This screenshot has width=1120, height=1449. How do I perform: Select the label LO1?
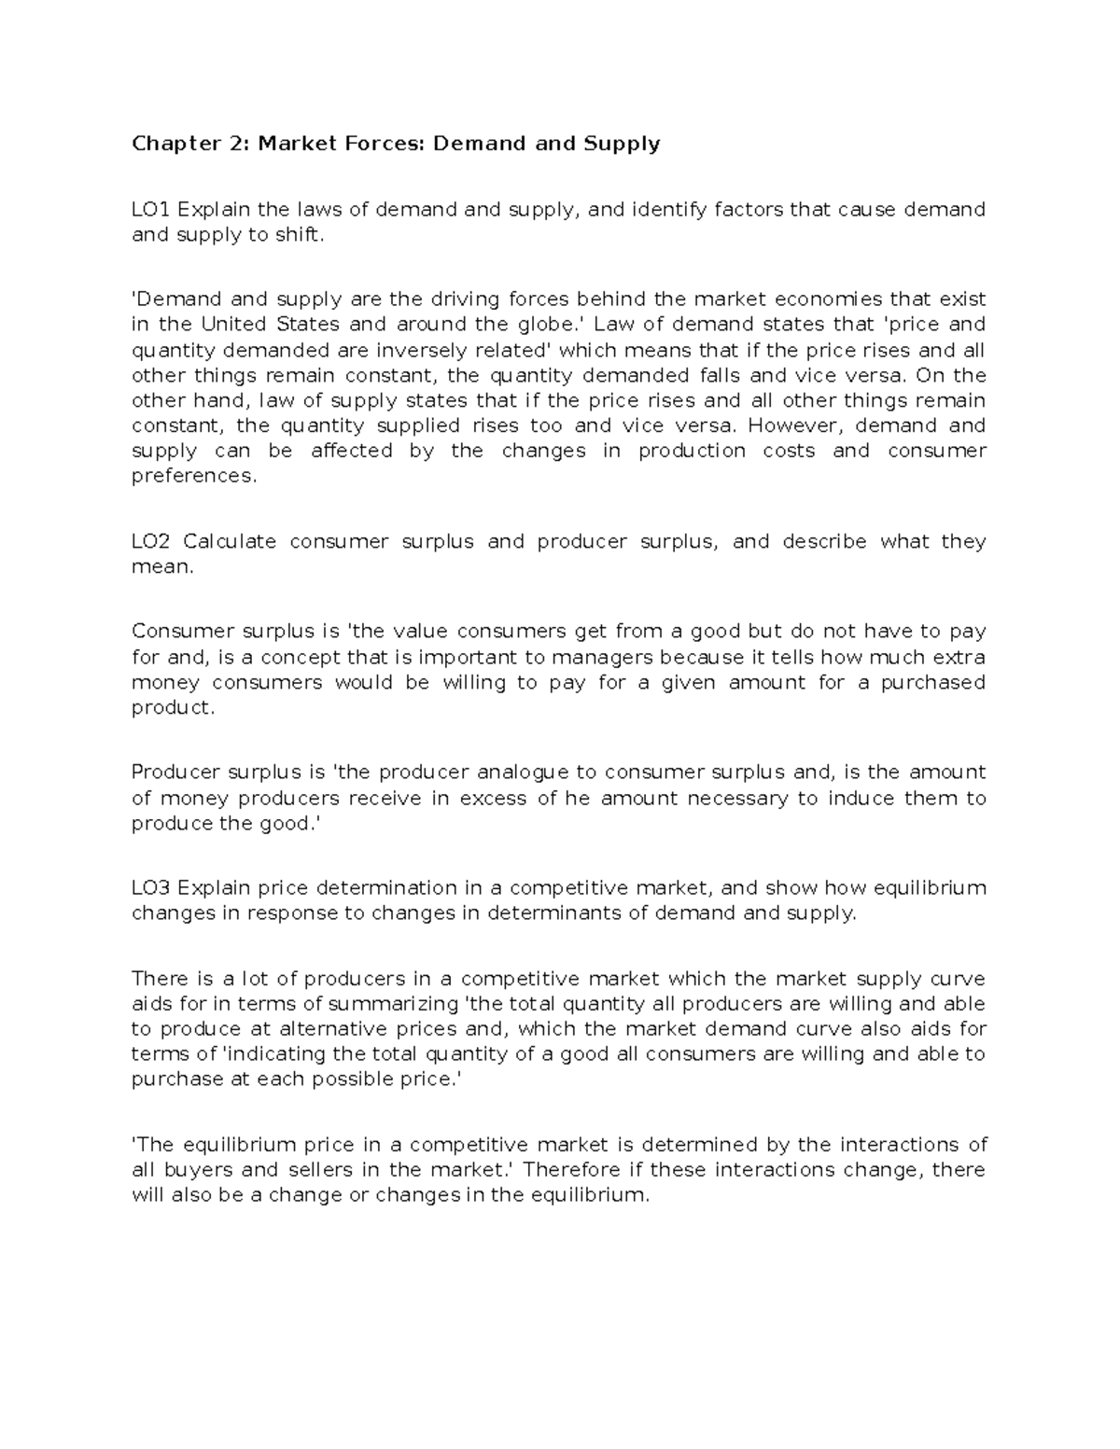[151, 209]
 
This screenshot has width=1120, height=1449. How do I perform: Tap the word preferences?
[191, 476]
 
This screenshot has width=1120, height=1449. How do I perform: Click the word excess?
[494, 799]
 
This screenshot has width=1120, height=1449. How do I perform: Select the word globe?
[558, 325]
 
